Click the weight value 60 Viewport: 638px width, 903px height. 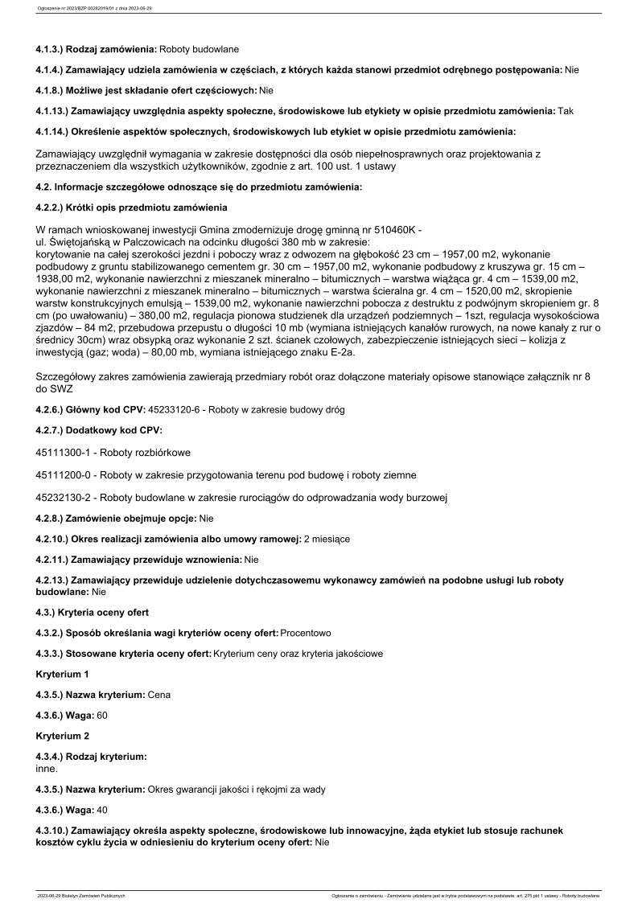tap(101, 715)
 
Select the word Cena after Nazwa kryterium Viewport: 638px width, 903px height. tap(159, 694)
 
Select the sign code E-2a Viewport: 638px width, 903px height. tap(334, 352)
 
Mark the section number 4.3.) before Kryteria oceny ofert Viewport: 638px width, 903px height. tap(46, 613)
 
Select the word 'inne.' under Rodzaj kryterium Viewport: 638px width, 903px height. tap(47, 769)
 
